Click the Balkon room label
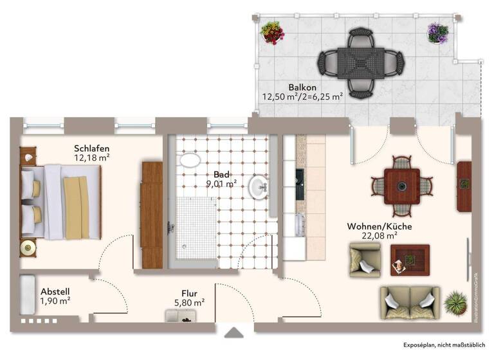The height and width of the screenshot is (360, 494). [x=302, y=87]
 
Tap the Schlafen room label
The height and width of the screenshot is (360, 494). [x=91, y=147]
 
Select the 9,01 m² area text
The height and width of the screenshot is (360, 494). [x=221, y=183]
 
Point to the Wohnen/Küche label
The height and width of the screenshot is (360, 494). [x=380, y=226]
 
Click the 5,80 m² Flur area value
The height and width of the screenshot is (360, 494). [x=189, y=302]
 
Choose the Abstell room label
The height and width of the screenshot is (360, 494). [x=55, y=291]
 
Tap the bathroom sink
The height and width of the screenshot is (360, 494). [x=261, y=188]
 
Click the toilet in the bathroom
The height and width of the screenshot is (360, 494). [x=190, y=161]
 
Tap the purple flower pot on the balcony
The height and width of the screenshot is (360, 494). [x=437, y=32]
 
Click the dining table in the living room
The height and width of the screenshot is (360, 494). [x=402, y=186]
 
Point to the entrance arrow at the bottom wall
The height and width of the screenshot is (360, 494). [x=234, y=332]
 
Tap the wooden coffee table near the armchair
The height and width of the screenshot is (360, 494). [x=410, y=260]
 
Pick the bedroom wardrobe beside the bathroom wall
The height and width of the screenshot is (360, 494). [x=152, y=215]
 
